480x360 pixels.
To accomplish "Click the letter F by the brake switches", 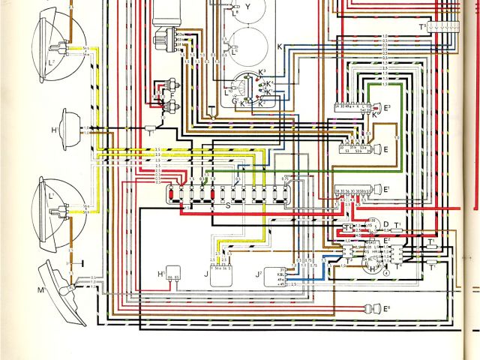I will click(172, 96).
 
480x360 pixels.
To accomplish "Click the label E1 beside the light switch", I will click(387, 189).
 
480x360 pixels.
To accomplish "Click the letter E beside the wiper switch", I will click(385, 150).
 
